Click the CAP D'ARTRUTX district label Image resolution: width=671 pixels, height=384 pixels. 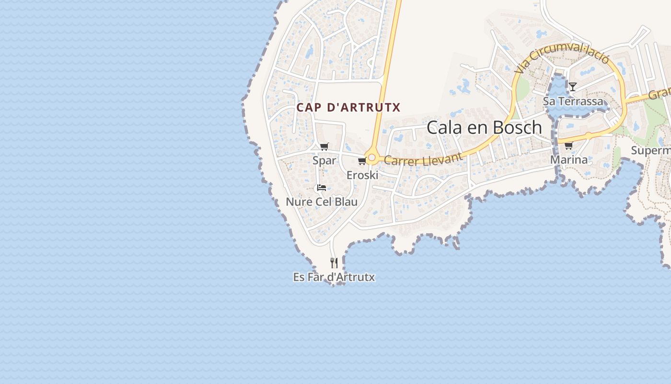pyautogui.click(x=348, y=107)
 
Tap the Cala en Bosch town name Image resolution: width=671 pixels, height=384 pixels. pyautogui.click(x=484, y=128)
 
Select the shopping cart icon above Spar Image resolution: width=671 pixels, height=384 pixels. pyautogui.click(x=324, y=147)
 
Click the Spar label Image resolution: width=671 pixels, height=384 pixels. pyautogui.click(x=324, y=160)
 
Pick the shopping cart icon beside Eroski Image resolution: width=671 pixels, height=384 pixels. pyautogui.click(x=362, y=161)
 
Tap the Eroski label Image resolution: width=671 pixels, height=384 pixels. pyautogui.click(x=362, y=175)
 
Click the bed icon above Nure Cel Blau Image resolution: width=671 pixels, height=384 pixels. pyautogui.click(x=321, y=188)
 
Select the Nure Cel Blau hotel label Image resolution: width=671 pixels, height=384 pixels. pyautogui.click(x=322, y=202)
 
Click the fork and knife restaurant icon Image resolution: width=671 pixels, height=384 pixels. pyautogui.click(x=334, y=263)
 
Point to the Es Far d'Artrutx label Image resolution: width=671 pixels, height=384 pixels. pyautogui.click(x=334, y=277)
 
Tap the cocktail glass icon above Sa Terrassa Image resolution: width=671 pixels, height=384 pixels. pyautogui.click(x=572, y=86)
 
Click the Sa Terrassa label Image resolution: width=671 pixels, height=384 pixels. pyautogui.click(x=573, y=101)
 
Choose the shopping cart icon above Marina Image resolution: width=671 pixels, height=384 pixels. pyautogui.click(x=568, y=145)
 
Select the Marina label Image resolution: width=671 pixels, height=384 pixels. pyautogui.click(x=569, y=159)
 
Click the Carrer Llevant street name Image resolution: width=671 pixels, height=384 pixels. pyautogui.click(x=424, y=159)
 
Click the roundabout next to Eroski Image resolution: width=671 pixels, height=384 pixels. pyautogui.click(x=371, y=157)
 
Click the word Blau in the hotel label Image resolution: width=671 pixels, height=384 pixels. pyautogui.click(x=346, y=202)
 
